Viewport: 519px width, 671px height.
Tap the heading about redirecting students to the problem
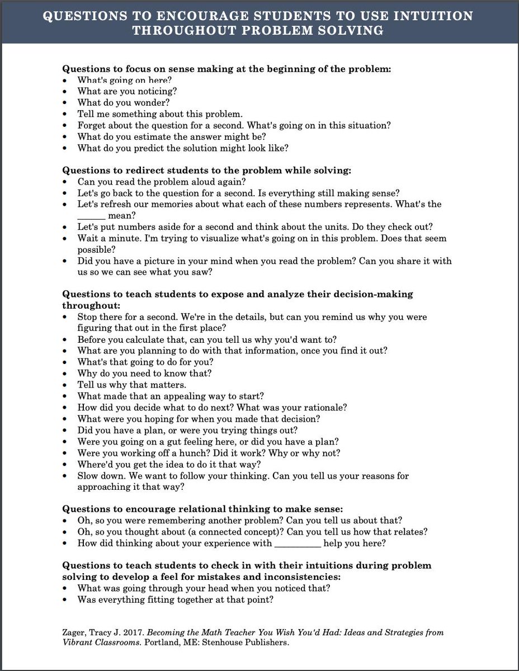click(206, 169)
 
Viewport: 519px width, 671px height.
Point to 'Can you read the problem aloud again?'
click(153, 181)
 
